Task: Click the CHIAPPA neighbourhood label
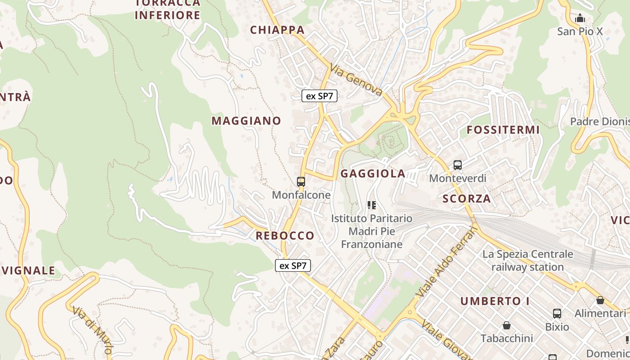point(277,30)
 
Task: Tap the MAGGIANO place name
point(246,121)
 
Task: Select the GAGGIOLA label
point(373,174)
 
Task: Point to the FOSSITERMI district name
point(503,130)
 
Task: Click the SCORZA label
point(467,198)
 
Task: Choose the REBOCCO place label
point(285,235)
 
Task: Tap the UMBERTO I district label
point(495,301)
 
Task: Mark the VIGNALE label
point(28,270)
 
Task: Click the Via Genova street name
point(356,80)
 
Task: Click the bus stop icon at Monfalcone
point(301,182)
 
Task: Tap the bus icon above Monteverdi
point(458,165)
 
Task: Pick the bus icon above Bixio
point(557,314)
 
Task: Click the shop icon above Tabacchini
point(507,325)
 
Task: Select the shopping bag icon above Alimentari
point(600,300)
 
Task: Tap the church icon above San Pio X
point(580,18)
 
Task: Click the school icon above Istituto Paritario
point(372,205)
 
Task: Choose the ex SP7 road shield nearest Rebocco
point(293,265)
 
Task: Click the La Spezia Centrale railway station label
point(528,261)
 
